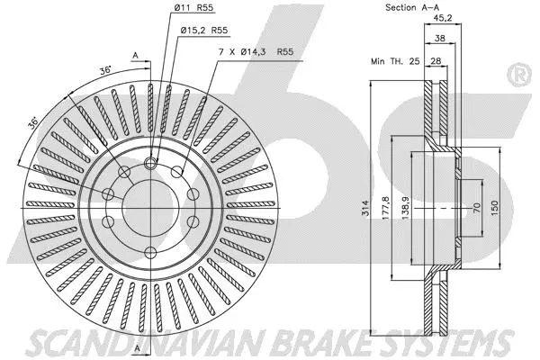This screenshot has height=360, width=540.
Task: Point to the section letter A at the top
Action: (x=135, y=56)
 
